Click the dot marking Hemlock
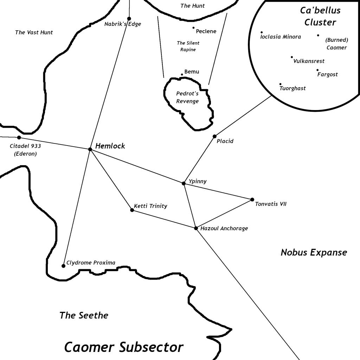point(90,149)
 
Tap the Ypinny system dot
point(184,183)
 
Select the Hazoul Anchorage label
point(224,229)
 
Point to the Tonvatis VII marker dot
point(252,199)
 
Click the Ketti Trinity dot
point(132,210)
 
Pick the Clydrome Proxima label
point(91,263)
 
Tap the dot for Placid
point(214,136)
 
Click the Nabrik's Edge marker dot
point(129,19)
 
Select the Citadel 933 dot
point(19,137)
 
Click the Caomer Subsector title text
point(124,347)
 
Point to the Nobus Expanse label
point(314,252)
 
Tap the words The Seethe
point(84,315)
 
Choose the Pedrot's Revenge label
point(187,97)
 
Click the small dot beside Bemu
point(182,75)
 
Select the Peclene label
point(206,31)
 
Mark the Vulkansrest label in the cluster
point(309,61)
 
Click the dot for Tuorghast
point(280,84)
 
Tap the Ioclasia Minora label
point(281,37)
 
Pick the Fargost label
point(327,75)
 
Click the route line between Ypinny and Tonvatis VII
point(218,191)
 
